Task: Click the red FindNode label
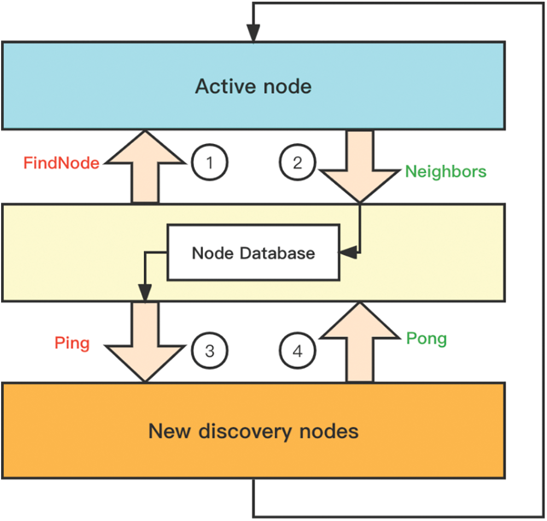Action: [61, 163]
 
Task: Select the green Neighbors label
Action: [445, 171]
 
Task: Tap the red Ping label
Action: [72, 343]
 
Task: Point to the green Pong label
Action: [426, 338]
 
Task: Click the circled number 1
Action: [209, 163]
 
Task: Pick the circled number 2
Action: [298, 163]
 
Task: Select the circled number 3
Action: [209, 351]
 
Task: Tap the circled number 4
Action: [298, 351]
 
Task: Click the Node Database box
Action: [253, 253]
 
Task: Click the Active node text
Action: [253, 86]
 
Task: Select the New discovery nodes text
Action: [253, 431]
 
